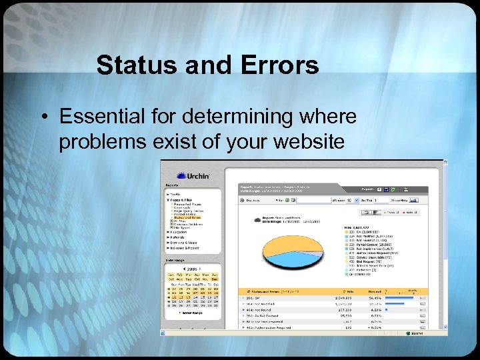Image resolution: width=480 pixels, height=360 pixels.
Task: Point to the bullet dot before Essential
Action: [44, 117]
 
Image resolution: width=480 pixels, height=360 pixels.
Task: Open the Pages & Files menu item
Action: [183, 199]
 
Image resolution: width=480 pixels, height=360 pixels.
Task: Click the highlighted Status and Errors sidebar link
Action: [189, 217]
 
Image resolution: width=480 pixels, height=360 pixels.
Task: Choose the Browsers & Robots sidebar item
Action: [186, 248]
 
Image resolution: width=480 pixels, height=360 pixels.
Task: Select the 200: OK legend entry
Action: [363, 231]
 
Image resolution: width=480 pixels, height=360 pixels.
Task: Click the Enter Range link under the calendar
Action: [193, 312]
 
